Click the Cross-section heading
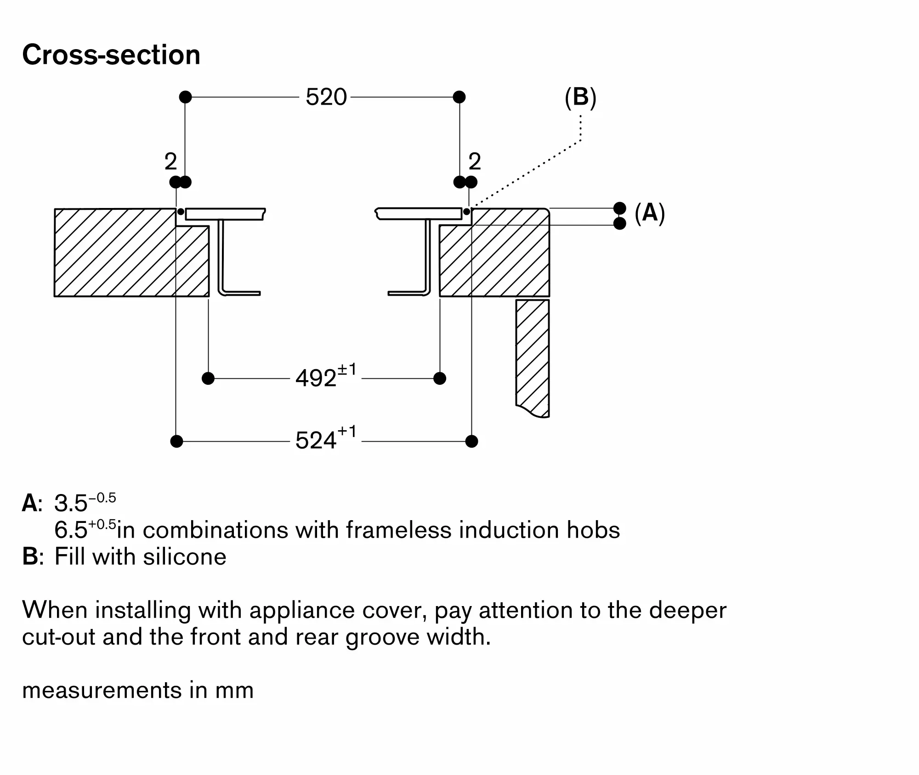coord(111,55)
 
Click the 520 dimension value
coord(326,97)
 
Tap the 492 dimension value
coord(317,379)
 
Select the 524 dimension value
coord(317,441)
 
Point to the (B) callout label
coord(580,97)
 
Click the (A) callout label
coord(649,213)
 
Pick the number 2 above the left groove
coord(170,162)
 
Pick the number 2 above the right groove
coord(475,162)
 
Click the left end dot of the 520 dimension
coord(185,97)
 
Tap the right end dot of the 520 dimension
coord(459,97)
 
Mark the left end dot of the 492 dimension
coord(208,378)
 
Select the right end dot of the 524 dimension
coord(471,441)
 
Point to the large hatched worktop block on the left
coord(115,253)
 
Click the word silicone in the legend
coord(184,557)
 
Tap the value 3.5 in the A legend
coord(71,504)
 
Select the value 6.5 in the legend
coord(71,530)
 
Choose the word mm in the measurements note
coord(234,691)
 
